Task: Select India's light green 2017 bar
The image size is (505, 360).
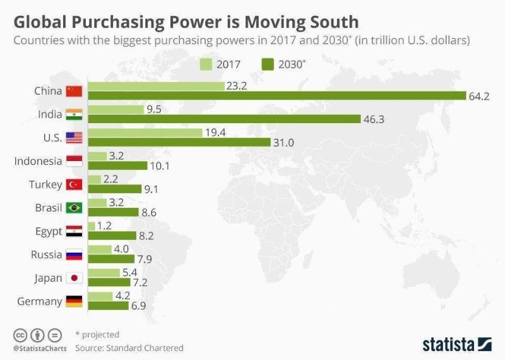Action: [x=116, y=109]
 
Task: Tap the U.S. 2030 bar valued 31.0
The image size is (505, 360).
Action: [x=179, y=143]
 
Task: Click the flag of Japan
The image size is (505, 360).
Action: [x=74, y=278]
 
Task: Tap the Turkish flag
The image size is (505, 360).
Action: [x=74, y=184]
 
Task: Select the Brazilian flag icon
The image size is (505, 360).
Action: [x=74, y=208]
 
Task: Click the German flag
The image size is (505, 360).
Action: [x=74, y=301]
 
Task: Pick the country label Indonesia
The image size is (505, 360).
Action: [x=39, y=161]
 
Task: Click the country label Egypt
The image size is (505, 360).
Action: [x=48, y=231]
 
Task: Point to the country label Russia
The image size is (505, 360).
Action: [x=47, y=255]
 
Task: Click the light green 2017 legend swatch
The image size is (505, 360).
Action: [x=206, y=64]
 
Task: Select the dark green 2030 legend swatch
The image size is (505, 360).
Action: [x=266, y=64]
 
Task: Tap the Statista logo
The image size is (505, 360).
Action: [x=456, y=344]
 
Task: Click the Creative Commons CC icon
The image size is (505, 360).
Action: [x=20, y=335]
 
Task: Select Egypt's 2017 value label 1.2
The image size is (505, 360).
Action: [x=105, y=225]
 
